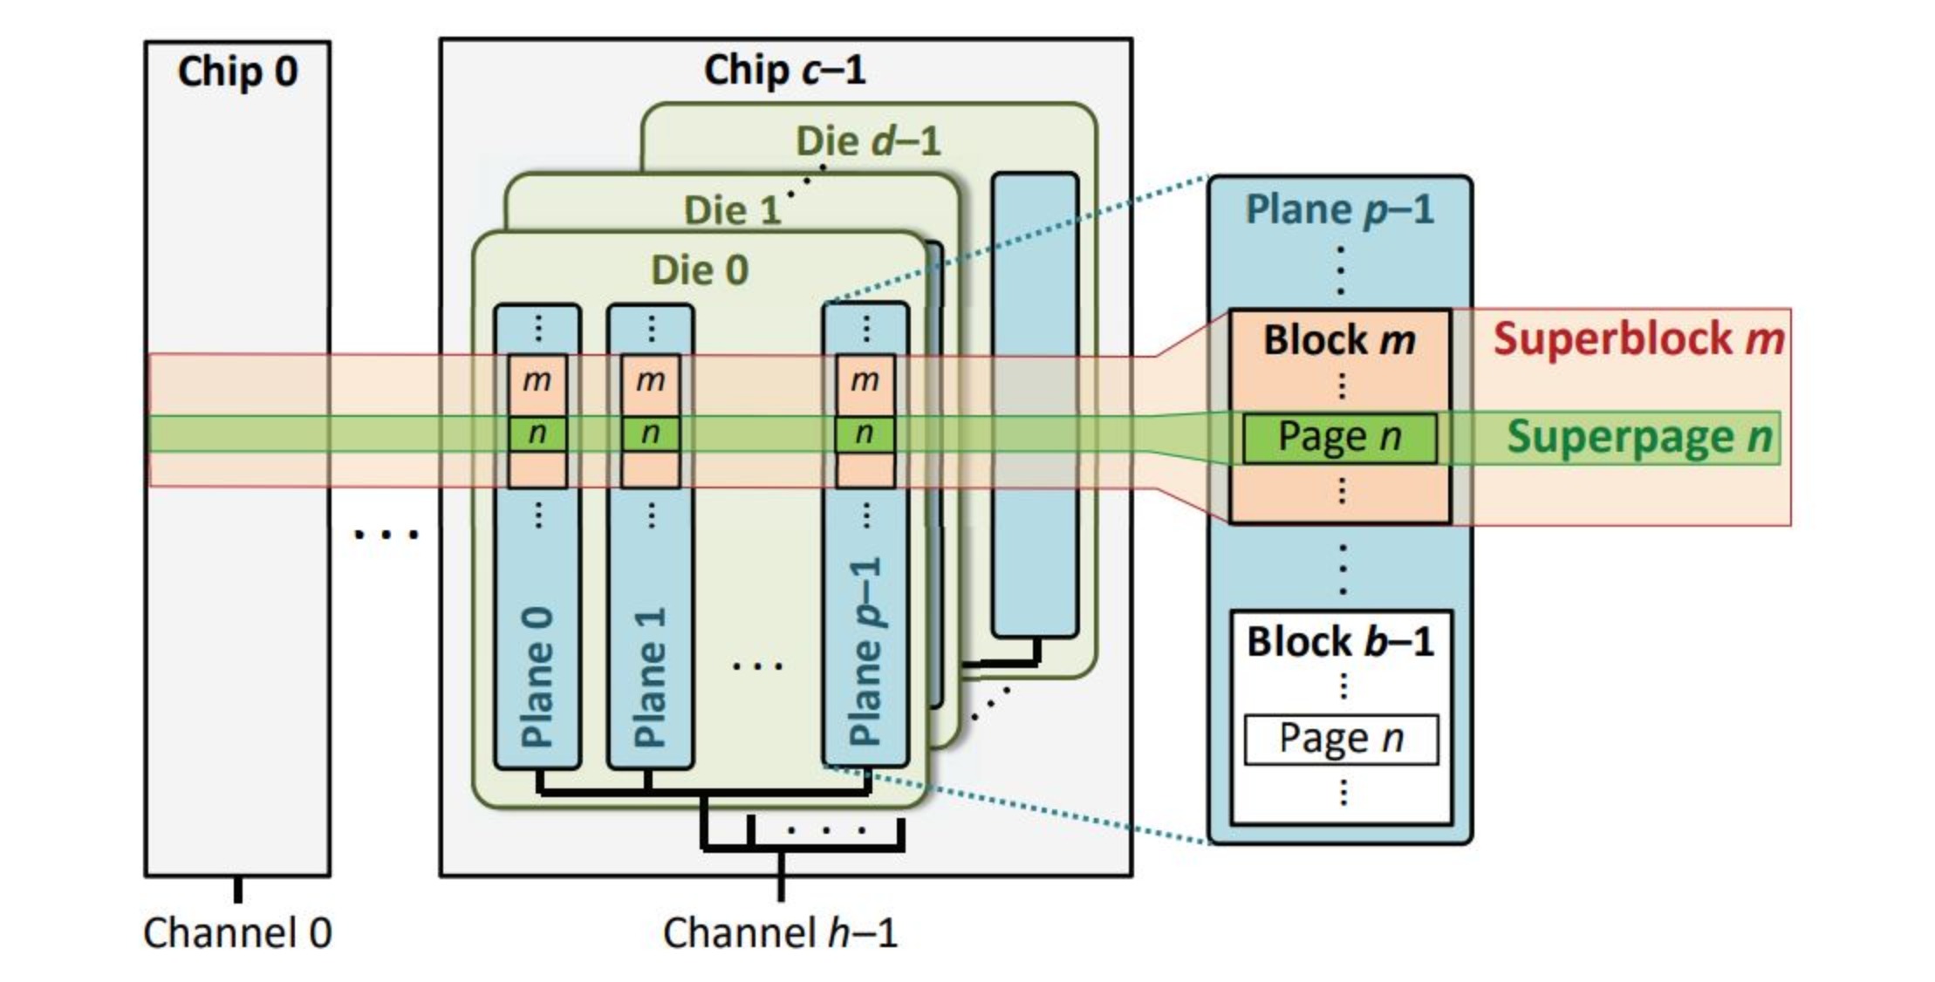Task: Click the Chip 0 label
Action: coord(237,72)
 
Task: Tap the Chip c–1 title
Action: coord(784,70)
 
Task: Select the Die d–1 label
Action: coord(868,141)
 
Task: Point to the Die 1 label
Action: coord(731,210)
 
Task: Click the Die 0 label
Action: coord(700,269)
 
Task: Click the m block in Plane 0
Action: coord(537,380)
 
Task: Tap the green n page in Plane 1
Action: coord(650,433)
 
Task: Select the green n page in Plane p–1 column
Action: coord(864,433)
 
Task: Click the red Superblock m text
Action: coord(1638,338)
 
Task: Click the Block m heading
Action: coord(1339,340)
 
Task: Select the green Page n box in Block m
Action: coord(1339,437)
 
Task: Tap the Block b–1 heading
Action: coord(1340,642)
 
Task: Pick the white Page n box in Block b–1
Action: coord(1341,739)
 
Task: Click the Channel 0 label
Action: coord(237,932)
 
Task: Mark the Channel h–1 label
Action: coord(780,932)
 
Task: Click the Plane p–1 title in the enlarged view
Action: coord(1339,209)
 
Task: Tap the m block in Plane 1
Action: coord(650,380)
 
